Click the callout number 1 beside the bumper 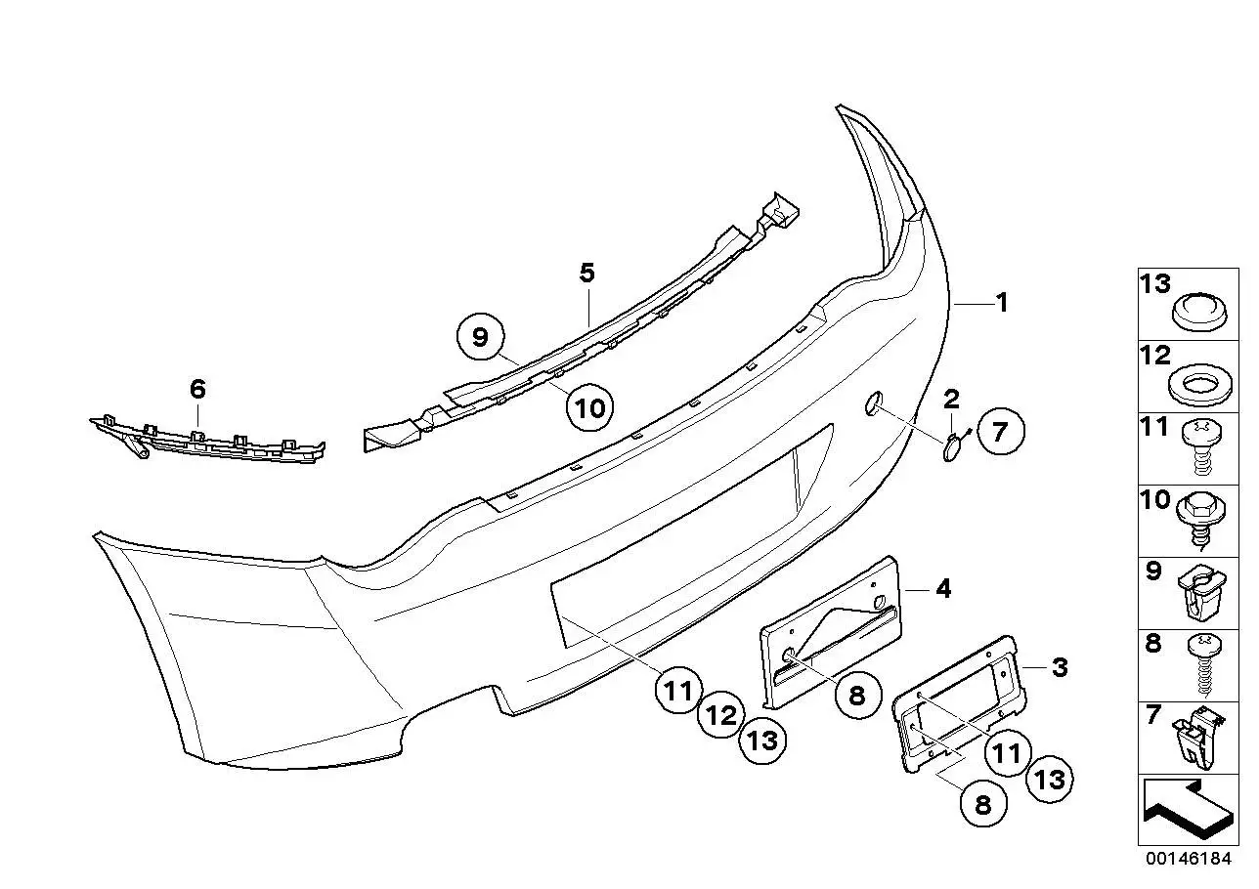1002,303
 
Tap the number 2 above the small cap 951,400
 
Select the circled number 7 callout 1001,431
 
